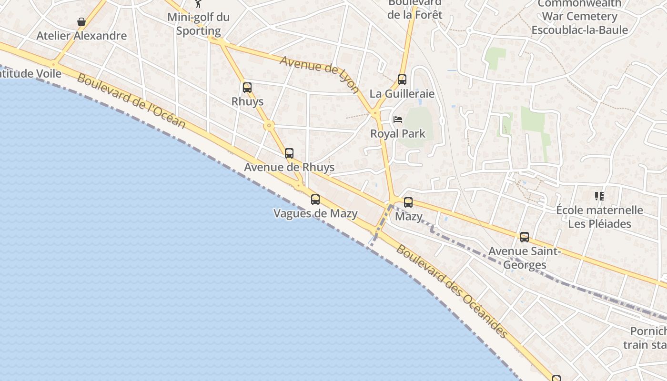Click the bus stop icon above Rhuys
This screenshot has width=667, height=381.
(x=247, y=88)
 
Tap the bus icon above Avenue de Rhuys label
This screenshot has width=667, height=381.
(x=289, y=153)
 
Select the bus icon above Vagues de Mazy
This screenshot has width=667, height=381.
(x=315, y=200)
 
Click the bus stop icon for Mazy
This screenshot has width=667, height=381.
(x=408, y=202)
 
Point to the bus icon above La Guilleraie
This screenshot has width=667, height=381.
(x=402, y=80)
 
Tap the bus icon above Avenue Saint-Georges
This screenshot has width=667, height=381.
(x=525, y=237)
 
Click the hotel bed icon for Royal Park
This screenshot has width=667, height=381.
(x=398, y=120)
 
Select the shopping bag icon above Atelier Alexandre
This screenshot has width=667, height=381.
(x=81, y=22)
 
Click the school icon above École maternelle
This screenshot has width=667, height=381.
(x=599, y=196)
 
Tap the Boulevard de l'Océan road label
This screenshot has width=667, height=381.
(x=131, y=101)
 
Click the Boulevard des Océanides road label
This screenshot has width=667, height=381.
(x=453, y=291)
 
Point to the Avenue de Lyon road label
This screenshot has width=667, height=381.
(x=319, y=74)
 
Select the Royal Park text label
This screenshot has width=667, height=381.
(x=398, y=133)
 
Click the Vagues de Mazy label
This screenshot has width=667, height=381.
(x=315, y=213)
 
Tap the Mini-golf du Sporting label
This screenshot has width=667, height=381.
(x=199, y=24)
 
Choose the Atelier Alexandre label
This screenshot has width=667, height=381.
(x=81, y=36)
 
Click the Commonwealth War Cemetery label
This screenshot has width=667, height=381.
(x=579, y=17)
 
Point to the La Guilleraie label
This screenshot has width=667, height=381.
(x=402, y=93)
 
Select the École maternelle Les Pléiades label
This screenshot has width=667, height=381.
(x=599, y=217)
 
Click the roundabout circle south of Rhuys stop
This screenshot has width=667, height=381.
(x=269, y=126)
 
